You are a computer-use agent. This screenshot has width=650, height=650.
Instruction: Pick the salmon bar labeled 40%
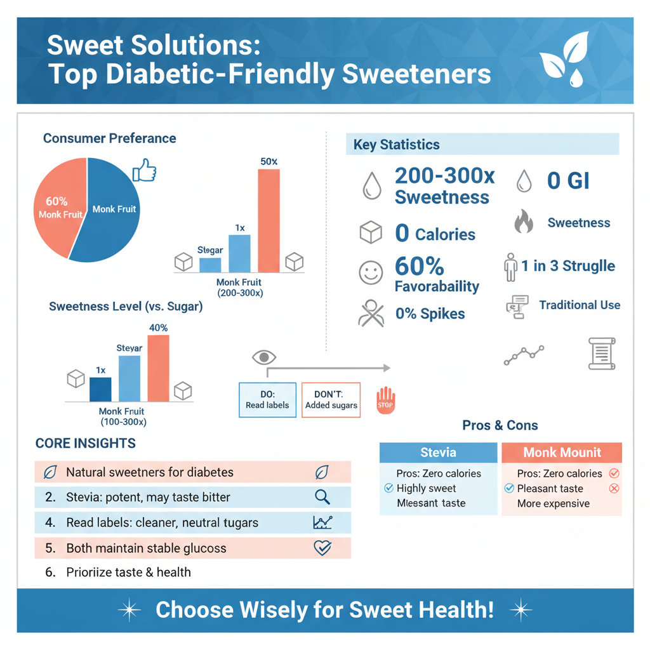pyautogui.click(x=158, y=368)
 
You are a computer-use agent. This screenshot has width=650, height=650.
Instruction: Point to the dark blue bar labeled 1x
pyautogui.click(x=100, y=389)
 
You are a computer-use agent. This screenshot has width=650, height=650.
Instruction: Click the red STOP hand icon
pyautogui.click(x=385, y=401)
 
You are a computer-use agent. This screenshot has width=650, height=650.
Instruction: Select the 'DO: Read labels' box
pyautogui.click(x=267, y=400)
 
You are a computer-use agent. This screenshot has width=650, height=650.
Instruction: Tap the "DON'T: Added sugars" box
pyautogui.click(x=331, y=400)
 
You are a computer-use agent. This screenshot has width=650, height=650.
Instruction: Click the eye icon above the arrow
pyautogui.click(x=264, y=357)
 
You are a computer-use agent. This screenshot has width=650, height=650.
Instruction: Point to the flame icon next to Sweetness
pyautogui.click(x=523, y=222)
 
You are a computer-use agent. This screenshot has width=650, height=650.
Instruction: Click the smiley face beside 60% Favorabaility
pyautogui.click(x=371, y=273)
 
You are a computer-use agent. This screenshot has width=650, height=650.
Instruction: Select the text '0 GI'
pyautogui.click(x=568, y=181)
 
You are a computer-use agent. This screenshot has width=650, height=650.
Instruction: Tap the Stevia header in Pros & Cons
pyautogui.click(x=438, y=453)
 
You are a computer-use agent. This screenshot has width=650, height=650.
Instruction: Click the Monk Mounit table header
pyautogui.click(x=562, y=453)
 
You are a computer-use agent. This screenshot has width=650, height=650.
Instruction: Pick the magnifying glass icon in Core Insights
pyautogui.click(x=322, y=497)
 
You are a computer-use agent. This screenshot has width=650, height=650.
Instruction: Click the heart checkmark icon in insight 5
pyautogui.click(x=322, y=548)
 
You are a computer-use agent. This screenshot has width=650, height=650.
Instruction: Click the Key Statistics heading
pyautogui.click(x=396, y=145)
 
